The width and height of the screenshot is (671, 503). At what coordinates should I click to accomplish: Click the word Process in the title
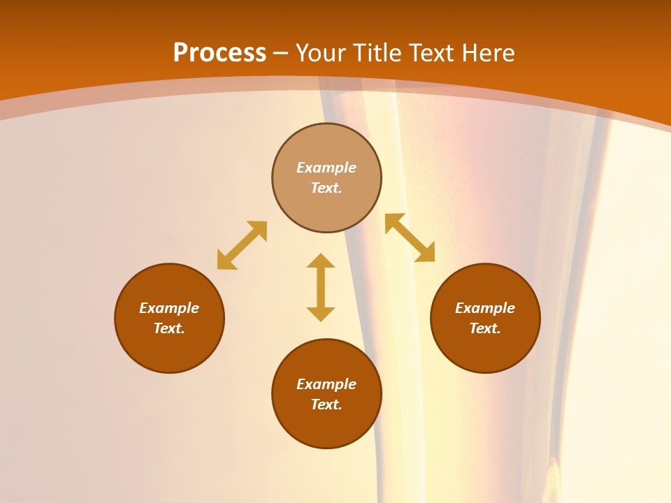click(219, 53)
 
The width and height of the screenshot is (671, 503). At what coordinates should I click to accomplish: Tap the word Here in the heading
click(487, 53)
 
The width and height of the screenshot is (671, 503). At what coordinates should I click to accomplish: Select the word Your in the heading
click(322, 53)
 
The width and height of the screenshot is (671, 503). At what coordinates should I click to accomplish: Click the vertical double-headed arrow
click(321, 287)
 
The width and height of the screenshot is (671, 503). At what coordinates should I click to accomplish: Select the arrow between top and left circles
click(242, 245)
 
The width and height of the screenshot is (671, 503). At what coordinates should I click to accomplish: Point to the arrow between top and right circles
click(410, 238)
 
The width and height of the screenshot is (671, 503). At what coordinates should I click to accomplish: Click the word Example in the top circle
click(326, 168)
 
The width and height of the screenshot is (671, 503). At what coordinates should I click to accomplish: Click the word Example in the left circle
click(169, 308)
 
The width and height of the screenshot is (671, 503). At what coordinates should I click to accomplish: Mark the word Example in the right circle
click(485, 308)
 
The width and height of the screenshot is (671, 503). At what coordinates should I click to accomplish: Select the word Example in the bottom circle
click(326, 384)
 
